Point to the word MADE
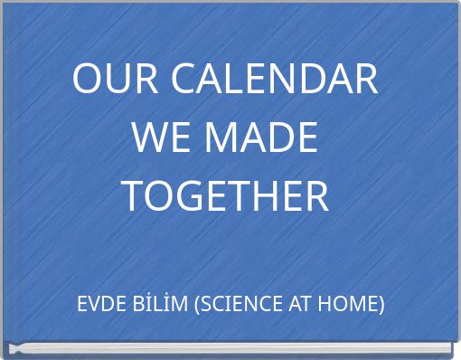[x=261, y=138]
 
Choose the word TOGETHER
[x=225, y=196]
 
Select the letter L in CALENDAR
[x=233, y=81]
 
